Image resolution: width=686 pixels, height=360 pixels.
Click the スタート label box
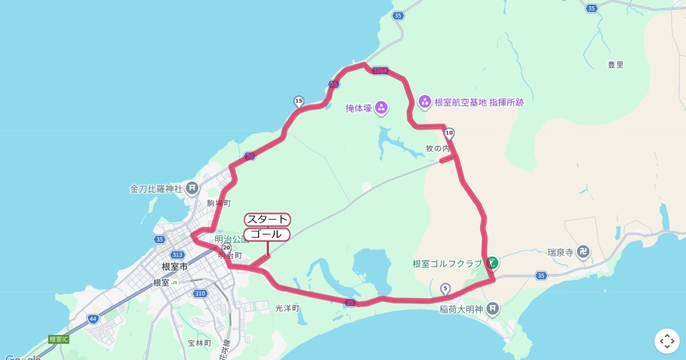tap(268, 219)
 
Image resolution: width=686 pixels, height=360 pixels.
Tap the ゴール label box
tap(267, 234)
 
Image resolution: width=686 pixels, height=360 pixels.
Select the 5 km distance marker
tap(445, 289)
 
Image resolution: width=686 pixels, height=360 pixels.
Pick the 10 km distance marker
tap(449, 134)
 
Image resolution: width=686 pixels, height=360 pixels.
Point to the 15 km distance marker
tap(298, 102)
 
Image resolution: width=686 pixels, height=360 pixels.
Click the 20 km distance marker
tap(226, 248)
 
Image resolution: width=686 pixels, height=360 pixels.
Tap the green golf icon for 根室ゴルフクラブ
tap(492, 263)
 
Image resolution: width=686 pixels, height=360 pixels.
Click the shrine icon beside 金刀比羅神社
tap(192, 187)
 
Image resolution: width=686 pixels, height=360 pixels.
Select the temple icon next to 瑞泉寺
tap(583, 251)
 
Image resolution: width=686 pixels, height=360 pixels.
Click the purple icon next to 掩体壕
tap(381, 107)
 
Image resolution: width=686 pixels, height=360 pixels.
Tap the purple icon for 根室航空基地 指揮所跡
tap(425, 102)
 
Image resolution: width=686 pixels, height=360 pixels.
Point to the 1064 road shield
tap(380, 71)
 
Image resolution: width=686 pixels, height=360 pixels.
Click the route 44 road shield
tap(93, 318)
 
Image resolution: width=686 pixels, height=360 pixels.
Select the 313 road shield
tap(177, 255)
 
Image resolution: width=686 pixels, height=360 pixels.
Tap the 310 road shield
tap(200, 293)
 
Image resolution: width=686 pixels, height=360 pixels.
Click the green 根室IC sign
tap(58, 339)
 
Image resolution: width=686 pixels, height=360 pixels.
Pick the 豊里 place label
tap(616, 65)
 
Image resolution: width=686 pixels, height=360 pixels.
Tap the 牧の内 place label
tap(438, 149)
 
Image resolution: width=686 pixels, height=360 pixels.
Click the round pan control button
tap(667, 341)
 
